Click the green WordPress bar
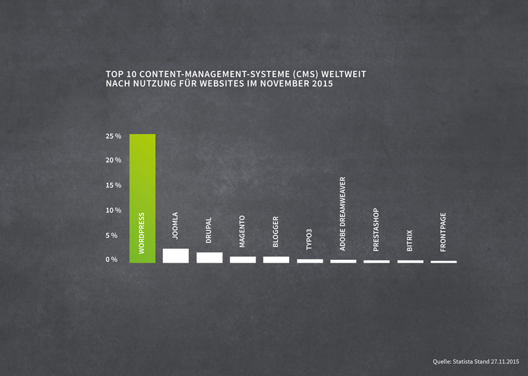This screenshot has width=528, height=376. click(x=142, y=198)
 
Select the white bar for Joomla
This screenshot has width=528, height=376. click(x=176, y=256)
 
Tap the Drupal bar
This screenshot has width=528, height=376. click(x=209, y=258)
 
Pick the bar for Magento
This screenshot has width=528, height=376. click(x=242, y=260)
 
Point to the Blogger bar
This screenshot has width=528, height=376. click(x=276, y=260)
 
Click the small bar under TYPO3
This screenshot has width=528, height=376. click(x=310, y=261)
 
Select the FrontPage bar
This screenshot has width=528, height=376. click(x=444, y=262)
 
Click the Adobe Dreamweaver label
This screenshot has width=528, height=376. click(x=343, y=213)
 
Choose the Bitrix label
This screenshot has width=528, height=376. click(x=410, y=241)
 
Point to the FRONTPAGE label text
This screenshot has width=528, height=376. click(x=443, y=232)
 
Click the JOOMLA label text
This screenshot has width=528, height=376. click(x=176, y=226)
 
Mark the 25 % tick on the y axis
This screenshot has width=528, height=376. click(x=113, y=136)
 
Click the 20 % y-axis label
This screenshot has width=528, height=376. click(x=113, y=160)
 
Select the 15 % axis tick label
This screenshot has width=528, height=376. click(x=113, y=185)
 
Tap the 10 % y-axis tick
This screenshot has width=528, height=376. click(x=113, y=210)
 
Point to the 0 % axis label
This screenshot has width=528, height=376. click(x=112, y=260)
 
